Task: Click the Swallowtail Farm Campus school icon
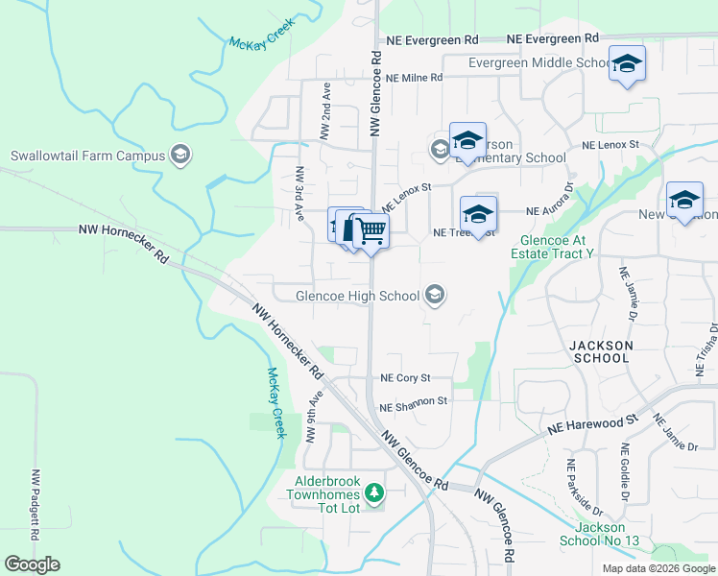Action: (x=179, y=155)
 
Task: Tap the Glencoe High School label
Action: (x=359, y=296)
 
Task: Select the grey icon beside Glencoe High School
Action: (x=436, y=296)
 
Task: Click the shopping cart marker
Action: (x=371, y=230)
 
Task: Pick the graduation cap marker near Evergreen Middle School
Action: (x=627, y=64)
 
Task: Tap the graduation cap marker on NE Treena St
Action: (x=478, y=215)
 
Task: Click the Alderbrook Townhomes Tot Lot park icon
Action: (x=374, y=494)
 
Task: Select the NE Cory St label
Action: (x=405, y=379)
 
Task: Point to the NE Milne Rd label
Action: (x=413, y=78)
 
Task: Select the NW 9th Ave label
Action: (x=312, y=416)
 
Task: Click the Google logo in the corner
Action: (x=32, y=564)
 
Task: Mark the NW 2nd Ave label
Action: (x=325, y=111)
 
